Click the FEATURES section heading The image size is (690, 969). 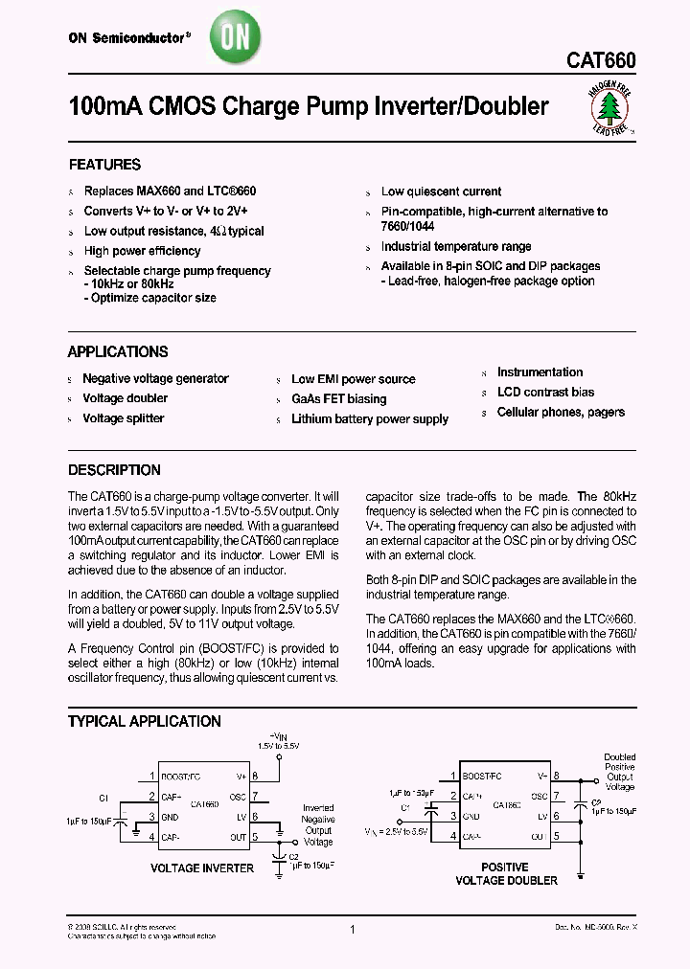click(104, 165)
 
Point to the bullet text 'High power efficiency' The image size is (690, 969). click(142, 251)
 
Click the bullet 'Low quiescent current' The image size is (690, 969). click(441, 192)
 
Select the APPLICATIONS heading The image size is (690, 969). click(118, 351)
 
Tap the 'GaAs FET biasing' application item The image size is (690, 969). click(339, 398)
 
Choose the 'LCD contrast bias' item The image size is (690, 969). click(545, 392)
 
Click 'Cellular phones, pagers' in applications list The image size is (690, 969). click(561, 412)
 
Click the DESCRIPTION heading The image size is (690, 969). click(114, 470)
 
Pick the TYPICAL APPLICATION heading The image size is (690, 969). click(144, 721)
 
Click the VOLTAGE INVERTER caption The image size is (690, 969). click(202, 868)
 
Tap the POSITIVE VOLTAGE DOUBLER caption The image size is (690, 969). click(505, 873)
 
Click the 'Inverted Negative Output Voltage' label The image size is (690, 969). click(318, 824)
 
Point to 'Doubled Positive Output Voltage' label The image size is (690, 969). click(619, 772)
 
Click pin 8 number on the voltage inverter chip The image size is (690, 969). click(255, 777)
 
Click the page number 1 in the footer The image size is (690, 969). click(354, 929)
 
